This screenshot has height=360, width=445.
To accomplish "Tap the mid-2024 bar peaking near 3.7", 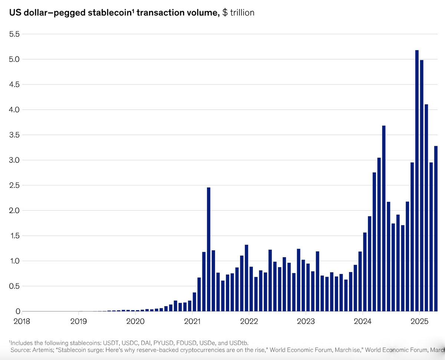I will coord(384,218).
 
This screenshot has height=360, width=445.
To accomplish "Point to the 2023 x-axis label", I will coord(305,321).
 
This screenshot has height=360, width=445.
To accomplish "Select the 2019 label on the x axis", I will coord(78,321).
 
